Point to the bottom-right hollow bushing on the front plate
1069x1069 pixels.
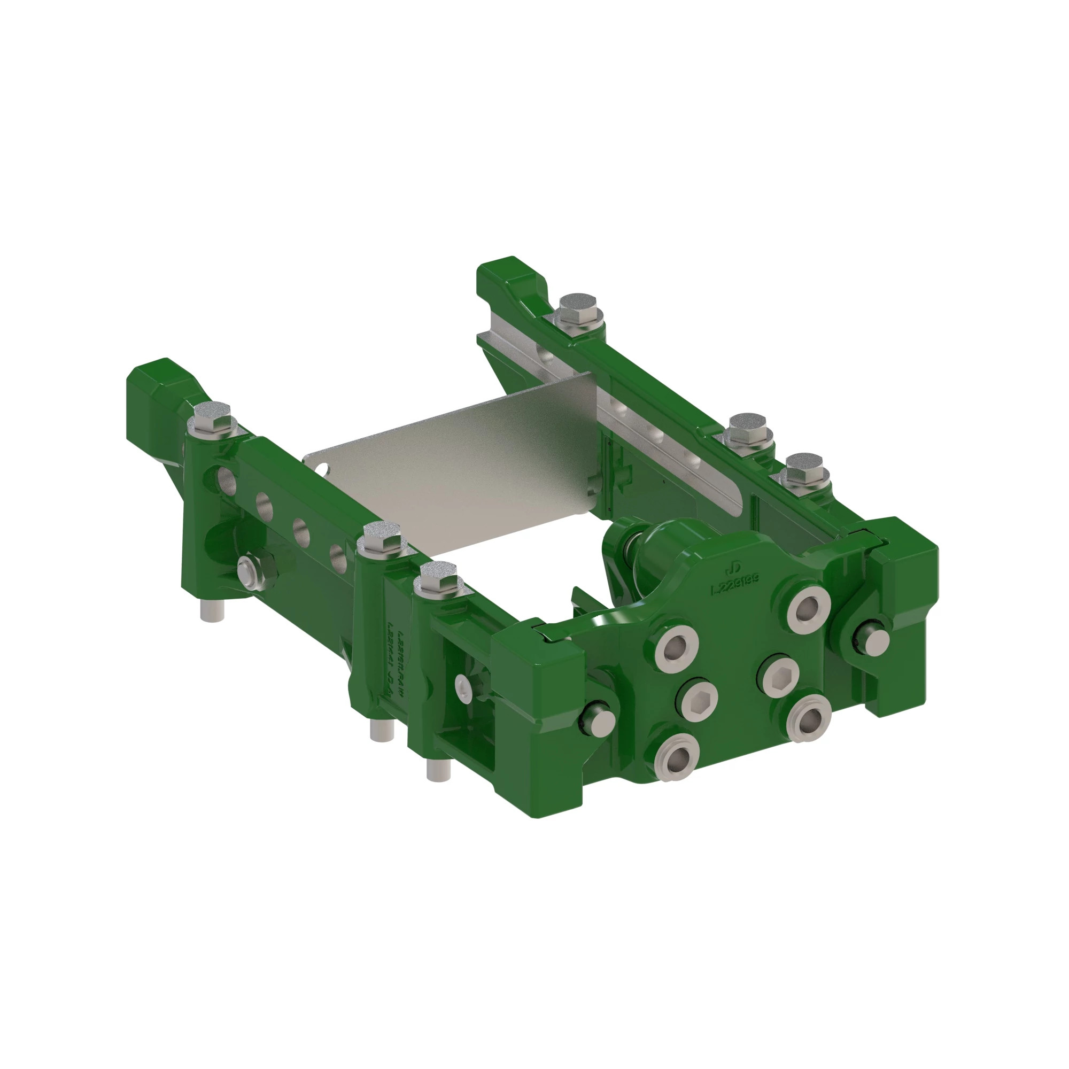[x=809, y=719]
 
